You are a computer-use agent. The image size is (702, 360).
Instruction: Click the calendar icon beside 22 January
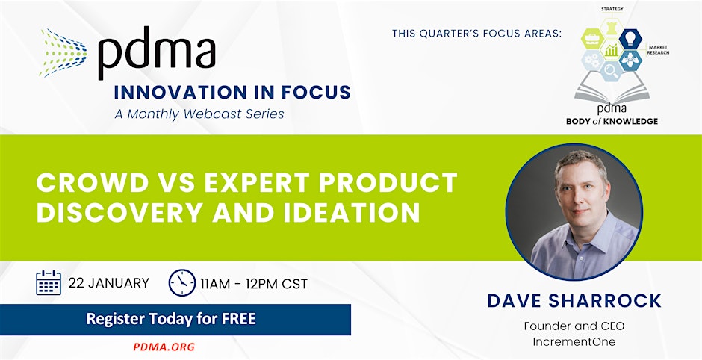(49, 282)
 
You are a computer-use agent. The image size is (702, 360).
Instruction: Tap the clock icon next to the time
(182, 282)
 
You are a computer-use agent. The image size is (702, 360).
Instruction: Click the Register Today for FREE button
(175, 319)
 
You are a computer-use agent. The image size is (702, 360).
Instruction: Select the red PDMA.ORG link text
(164, 347)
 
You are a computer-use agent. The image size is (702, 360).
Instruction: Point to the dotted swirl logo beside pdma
(63, 53)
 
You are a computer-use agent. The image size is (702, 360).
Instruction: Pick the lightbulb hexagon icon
(631, 39)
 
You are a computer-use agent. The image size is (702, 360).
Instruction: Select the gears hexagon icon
(593, 60)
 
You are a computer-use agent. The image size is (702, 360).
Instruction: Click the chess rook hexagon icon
(612, 28)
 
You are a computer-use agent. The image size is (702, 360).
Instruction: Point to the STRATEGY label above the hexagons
(612, 10)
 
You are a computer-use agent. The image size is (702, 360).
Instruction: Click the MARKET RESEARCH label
(658, 50)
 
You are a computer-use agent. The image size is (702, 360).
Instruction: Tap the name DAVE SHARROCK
(574, 301)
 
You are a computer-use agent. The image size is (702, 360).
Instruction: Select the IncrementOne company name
(574, 342)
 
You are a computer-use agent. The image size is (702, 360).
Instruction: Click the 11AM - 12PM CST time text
(254, 284)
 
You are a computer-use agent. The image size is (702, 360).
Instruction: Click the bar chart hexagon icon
(612, 50)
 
